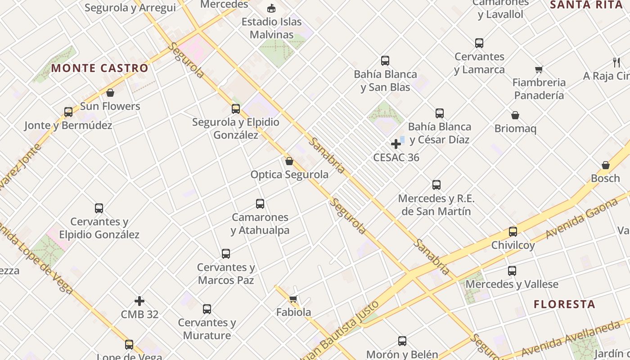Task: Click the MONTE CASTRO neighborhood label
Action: pyautogui.click(x=99, y=68)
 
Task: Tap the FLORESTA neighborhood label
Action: pyautogui.click(x=564, y=304)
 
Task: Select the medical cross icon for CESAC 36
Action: pyautogui.click(x=396, y=144)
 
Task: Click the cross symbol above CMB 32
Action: pyautogui.click(x=139, y=301)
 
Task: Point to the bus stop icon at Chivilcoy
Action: pyautogui.click(x=513, y=232)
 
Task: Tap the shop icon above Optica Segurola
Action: pyautogui.click(x=289, y=161)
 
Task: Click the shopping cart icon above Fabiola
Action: pyautogui.click(x=293, y=299)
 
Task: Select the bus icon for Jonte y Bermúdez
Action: pyautogui.click(x=68, y=112)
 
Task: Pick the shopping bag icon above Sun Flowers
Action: pyautogui.click(x=110, y=93)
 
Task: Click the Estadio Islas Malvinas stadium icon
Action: pyautogui.click(x=271, y=8)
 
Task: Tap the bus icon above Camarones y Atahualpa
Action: pyautogui.click(x=260, y=203)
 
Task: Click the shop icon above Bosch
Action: pyautogui.click(x=606, y=165)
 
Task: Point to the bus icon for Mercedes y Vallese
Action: pyautogui.click(x=512, y=271)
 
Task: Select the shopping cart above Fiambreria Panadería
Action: pyautogui.click(x=539, y=69)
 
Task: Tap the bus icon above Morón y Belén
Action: pyautogui.click(x=402, y=341)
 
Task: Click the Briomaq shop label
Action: pyautogui.click(x=515, y=129)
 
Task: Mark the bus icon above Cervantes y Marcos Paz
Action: pyautogui.click(x=226, y=254)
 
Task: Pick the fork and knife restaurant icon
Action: pyautogui.click(x=616, y=62)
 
